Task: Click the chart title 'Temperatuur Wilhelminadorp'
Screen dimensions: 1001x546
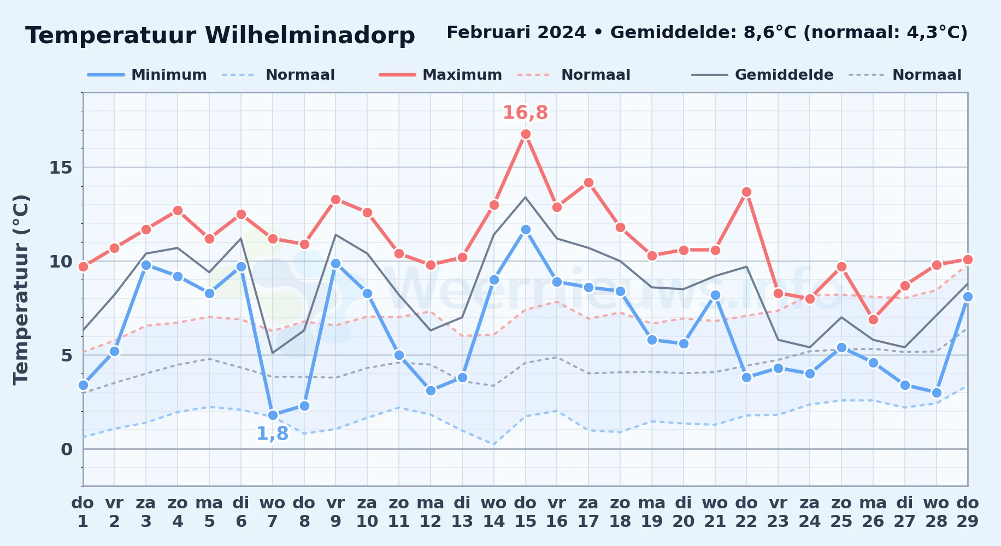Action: point(220,35)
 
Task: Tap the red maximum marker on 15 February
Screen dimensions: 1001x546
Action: point(526,134)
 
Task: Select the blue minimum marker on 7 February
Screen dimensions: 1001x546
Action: point(273,416)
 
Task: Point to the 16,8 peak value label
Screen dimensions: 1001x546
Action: point(525,112)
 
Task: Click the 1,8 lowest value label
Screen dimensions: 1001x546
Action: point(272,434)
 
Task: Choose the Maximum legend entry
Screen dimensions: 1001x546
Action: point(440,75)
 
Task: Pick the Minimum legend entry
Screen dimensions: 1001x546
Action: point(147,75)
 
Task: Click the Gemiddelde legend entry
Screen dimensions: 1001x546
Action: point(763,75)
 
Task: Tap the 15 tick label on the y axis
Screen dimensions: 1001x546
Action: point(61,168)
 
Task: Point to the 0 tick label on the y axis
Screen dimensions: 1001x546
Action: point(67,449)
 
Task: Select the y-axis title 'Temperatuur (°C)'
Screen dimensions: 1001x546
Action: point(21,290)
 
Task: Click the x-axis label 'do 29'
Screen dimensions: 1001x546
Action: point(968,512)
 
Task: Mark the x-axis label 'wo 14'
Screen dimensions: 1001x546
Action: point(494,512)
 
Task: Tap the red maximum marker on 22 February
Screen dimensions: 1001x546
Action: point(746,192)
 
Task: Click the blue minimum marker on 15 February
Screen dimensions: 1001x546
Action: point(526,230)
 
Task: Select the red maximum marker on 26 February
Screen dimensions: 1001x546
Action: point(873,320)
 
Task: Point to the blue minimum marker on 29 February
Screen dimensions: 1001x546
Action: point(968,297)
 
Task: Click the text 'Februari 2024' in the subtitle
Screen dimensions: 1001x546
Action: point(516,33)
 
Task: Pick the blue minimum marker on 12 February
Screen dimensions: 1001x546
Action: point(431,391)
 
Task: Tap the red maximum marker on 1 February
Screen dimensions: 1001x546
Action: point(83,267)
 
